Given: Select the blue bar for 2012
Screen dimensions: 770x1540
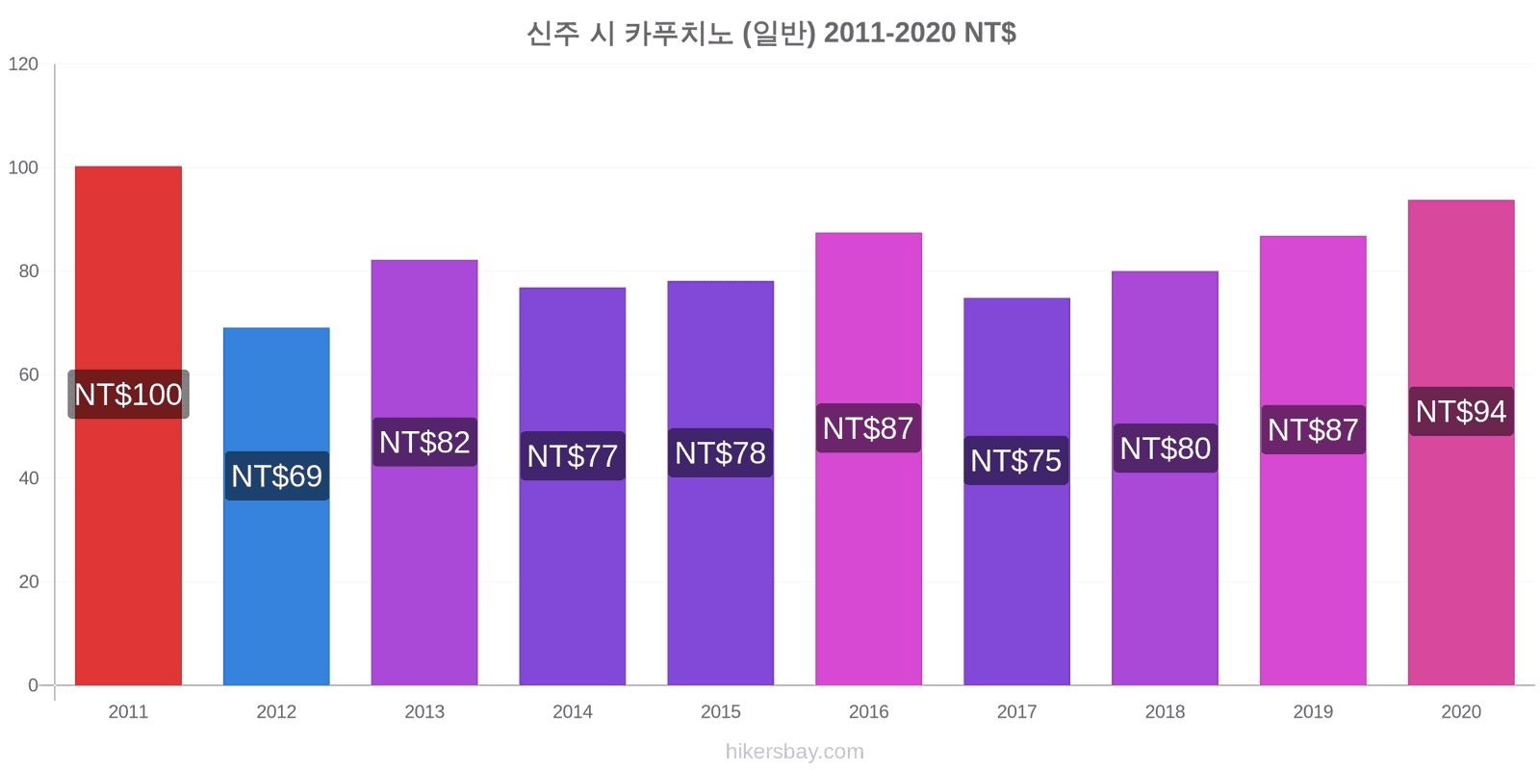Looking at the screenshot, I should click(x=276, y=577).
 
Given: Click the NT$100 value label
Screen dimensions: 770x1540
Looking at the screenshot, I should click(x=128, y=395).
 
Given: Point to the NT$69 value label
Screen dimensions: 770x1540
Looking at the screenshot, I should click(x=276, y=476).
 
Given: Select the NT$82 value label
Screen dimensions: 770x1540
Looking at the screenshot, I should click(x=424, y=443).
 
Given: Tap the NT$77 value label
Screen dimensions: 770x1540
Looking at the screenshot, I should click(x=573, y=456).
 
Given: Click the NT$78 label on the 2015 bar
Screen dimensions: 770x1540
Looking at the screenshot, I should click(x=720, y=452).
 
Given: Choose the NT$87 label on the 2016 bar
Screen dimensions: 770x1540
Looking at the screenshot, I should click(x=868, y=428).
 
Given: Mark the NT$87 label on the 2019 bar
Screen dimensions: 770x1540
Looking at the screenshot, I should click(x=1313, y=430).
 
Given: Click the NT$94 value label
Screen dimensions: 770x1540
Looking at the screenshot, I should click(x=1460, y=412).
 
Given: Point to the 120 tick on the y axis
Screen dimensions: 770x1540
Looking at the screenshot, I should click(x=23, y=64).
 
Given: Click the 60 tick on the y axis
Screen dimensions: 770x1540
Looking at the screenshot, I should click(x=29, y=375).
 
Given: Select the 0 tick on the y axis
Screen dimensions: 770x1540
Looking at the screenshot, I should click(x=34, y=685).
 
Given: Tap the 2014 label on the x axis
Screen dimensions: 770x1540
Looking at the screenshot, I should click(x=573, y=712).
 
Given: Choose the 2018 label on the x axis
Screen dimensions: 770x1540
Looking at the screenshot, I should click(x=1165, y=712).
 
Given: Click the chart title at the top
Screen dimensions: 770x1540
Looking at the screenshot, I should click(x=771, y=34).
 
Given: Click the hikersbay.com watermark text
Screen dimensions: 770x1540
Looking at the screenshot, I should click(x=794, y=752).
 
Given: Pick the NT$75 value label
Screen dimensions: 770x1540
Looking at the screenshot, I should click(x=1016, y=461).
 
